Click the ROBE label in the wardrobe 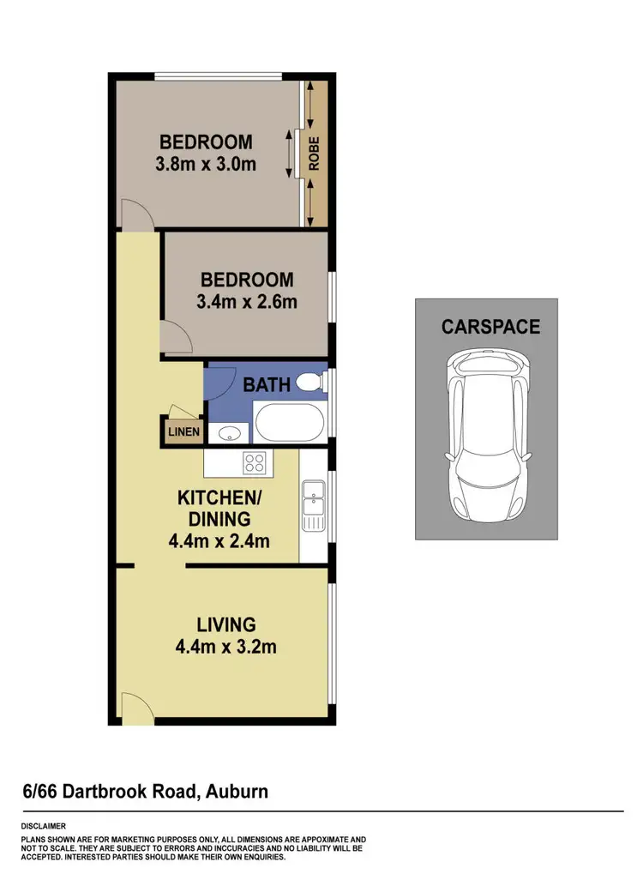point(315,155)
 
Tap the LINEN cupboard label point(183,432)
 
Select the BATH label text point(267,384)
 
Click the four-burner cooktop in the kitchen point(255,463)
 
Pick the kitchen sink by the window point(313,506)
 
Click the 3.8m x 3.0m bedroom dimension point(206,164)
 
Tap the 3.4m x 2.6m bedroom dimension point(248,302)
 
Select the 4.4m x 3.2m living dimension point(226,647)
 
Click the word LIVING point(226,624)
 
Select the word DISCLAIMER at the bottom point(44,826)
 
